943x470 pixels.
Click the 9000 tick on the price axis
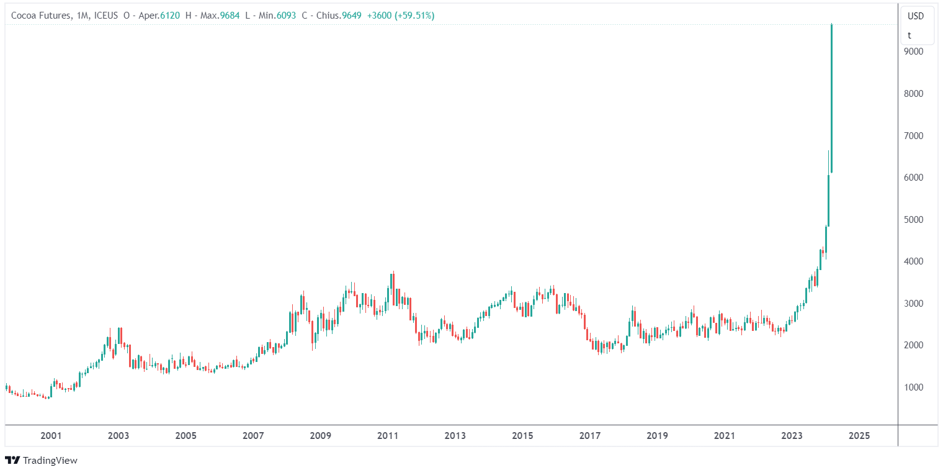pyautogui.click(x=914, y=52)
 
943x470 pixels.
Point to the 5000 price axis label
pyautogui.click(x=914, y=220)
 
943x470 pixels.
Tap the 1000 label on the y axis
pyautogui.click(x=914, y=387)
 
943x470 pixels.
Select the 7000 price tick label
pyautogui.click(x=914, y=136)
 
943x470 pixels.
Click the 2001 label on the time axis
pyautogui.click(x=51, y=436)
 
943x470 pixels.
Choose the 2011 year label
pyautogui.click(x=388, y=436)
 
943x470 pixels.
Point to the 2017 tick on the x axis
pyautogui.click(x=590, y=436)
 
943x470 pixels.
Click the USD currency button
pyautogui.click(x=916, y=16)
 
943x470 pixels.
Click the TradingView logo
pyautogui.click(x=41, y=460)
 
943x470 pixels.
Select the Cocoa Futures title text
pyautogui.click(x=38, y=16)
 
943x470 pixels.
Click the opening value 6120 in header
pyautogui.click(x=170, y=16)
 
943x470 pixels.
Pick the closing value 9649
pyautogui.click(x=351, y=16)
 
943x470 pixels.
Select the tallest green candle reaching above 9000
pyautogui.click(x=831, y=99)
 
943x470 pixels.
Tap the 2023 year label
pyautogui.click(x=792, y=436)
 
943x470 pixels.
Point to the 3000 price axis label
pyautogui.click(x=914, y=304)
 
